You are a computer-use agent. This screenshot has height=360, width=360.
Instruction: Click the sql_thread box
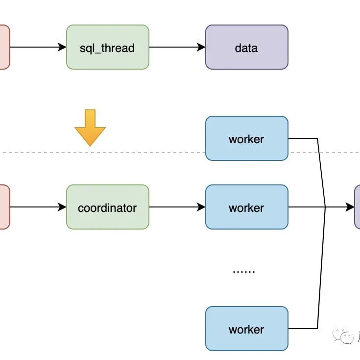click(107, 47)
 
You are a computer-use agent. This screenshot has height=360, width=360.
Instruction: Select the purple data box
click(246, 47)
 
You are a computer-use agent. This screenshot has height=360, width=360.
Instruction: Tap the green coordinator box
click(107, 207)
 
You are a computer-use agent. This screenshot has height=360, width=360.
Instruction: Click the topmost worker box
click(246, 138)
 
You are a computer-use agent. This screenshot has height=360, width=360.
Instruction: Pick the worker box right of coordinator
click(246, 207)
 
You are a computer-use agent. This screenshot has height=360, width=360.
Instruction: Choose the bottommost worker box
click(246, 329)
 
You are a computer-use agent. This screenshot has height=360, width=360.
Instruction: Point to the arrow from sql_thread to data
click(177, 47)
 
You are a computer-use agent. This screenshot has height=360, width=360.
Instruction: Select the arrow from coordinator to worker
click(177, 207)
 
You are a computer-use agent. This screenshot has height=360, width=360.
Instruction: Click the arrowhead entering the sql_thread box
click(62, 47)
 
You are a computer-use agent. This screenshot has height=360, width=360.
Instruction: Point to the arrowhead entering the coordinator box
click(62, 207)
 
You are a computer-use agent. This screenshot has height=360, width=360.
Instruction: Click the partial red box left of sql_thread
click(4, 47)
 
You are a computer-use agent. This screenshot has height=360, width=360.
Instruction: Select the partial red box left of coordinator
click(4, 207)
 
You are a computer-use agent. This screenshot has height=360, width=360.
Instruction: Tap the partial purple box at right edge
click(357, 207)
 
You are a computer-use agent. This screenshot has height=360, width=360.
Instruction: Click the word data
click(246, 48)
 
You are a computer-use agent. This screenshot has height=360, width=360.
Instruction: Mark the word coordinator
click(107, 207)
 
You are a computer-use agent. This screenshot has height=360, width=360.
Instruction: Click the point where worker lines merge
click(325, 207)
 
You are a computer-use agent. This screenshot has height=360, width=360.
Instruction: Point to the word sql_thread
click(107, 48)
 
